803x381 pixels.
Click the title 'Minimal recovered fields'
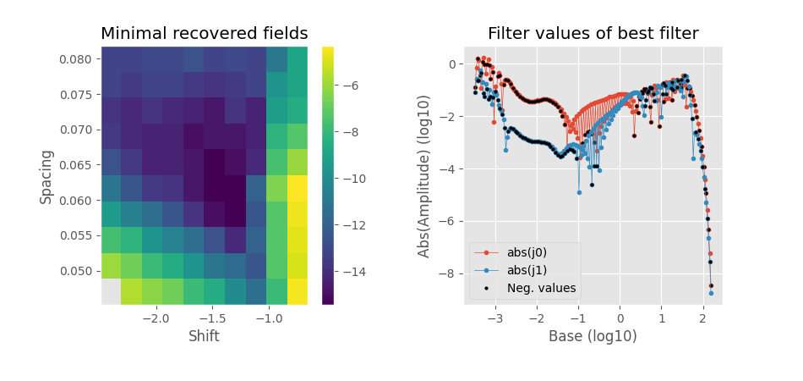[204, 34]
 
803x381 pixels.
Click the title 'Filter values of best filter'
[593, 34]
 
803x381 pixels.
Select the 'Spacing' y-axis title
[47, 176]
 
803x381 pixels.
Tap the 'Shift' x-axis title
[204, 336]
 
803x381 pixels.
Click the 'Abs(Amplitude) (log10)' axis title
[424, 176]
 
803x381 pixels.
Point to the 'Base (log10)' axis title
[593, 336]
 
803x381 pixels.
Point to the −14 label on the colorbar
[354, 272]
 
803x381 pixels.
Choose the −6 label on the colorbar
[351, 86]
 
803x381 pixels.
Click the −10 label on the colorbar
[354, 179]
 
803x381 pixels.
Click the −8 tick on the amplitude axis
[449, 273]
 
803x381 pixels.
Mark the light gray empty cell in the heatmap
[111, 291]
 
